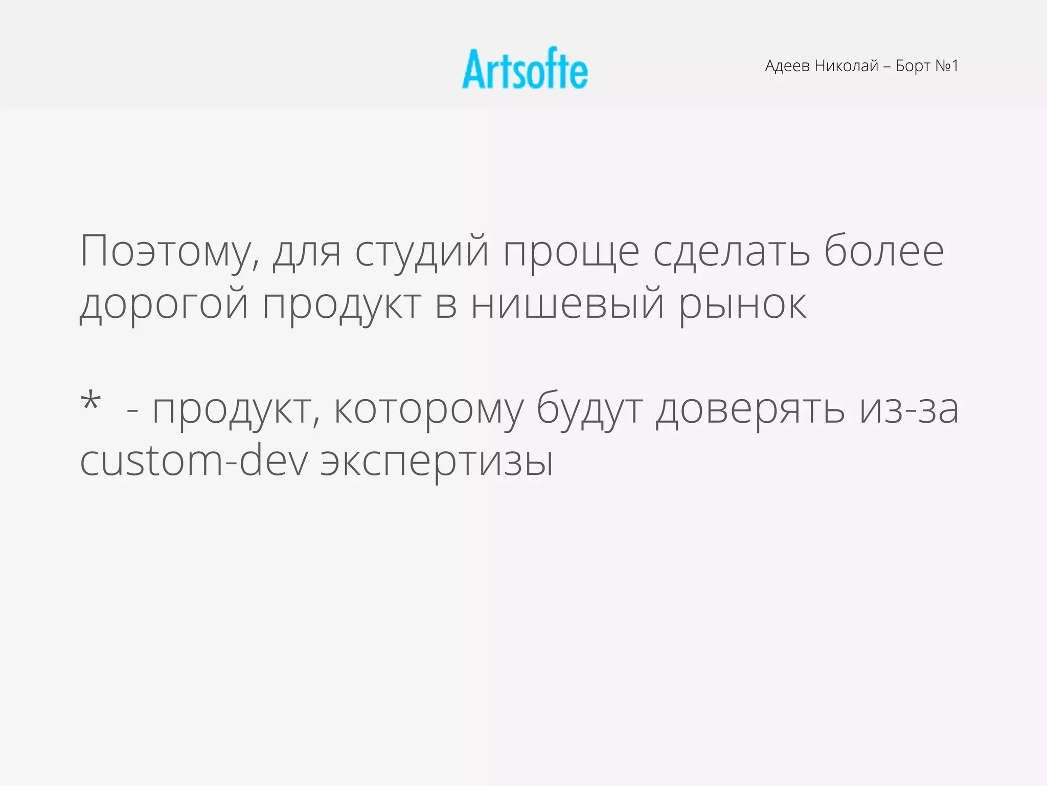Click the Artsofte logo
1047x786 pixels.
coord(525,69)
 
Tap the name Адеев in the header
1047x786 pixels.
coord(787,66)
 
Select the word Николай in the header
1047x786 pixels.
coord(847,66)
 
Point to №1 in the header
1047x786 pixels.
coord(946,66)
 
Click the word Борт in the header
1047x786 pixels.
coord(913,66)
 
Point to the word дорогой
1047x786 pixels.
coord(164,304)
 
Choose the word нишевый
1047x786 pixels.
coord(567,304)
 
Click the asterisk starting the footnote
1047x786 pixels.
coord(90,402)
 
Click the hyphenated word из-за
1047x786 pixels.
coord(908,409)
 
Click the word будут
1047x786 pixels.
coord(589,409)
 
